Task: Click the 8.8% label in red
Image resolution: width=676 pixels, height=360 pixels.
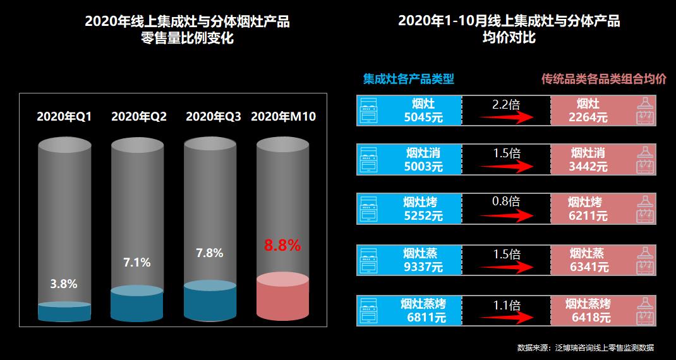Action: point(282,246)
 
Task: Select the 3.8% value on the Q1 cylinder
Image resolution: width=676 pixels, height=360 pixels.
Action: point(64,284)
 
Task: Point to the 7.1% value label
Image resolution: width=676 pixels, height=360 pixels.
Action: point(137,262)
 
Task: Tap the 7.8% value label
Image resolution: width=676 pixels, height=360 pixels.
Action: point(210,253)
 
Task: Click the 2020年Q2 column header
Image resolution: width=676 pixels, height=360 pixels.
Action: point(138,116)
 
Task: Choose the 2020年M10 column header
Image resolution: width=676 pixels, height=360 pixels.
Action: point(283,116)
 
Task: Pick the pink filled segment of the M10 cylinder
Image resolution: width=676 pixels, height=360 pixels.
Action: point(282,300)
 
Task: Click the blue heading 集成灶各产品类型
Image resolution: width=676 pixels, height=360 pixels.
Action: point(408,79)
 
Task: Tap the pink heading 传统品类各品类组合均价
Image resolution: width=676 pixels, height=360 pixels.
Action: point(604,79)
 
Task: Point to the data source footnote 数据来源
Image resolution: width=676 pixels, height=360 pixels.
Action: point(585,347)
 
